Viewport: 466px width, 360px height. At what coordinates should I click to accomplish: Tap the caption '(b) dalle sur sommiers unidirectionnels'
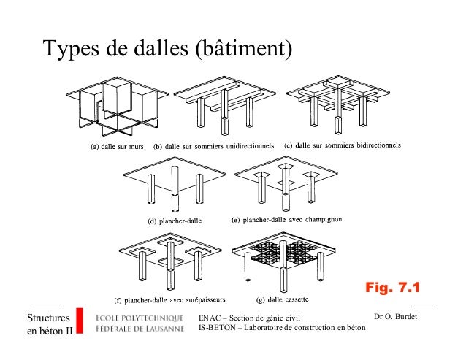(x=214, y=146)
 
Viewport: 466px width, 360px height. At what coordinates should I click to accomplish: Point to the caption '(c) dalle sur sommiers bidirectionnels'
(x=342, y=145)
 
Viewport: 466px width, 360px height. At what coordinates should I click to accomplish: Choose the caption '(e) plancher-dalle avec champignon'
(x=280, y=219)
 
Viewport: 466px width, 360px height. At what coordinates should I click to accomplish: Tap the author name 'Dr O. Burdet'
(x=394, y=317)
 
